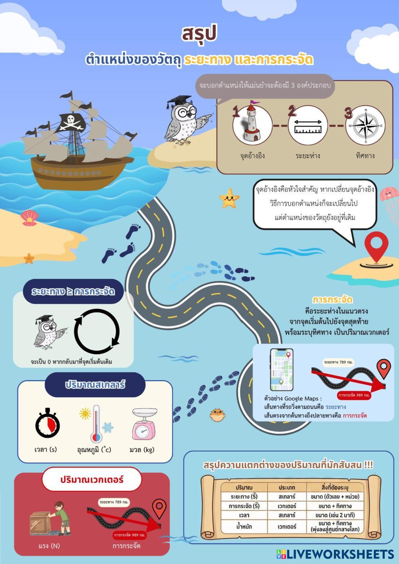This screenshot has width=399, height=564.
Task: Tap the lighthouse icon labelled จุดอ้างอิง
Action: (x=252, y=123)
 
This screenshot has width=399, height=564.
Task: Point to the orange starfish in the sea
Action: (x=229, y=198)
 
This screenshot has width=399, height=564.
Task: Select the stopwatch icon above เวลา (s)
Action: (x=48, y=423)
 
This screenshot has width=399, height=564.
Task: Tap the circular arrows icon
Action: (x=97, y=331)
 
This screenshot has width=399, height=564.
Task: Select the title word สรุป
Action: (x=199, y=34)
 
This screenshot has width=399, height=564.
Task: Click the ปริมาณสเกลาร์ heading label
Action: (x=95, y=385)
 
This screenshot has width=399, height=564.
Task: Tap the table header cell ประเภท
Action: (x=287, y=487)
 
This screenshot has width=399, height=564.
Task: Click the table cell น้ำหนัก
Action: (x=244, y=526)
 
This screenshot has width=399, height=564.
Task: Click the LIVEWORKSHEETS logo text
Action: (x=340, y=554)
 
